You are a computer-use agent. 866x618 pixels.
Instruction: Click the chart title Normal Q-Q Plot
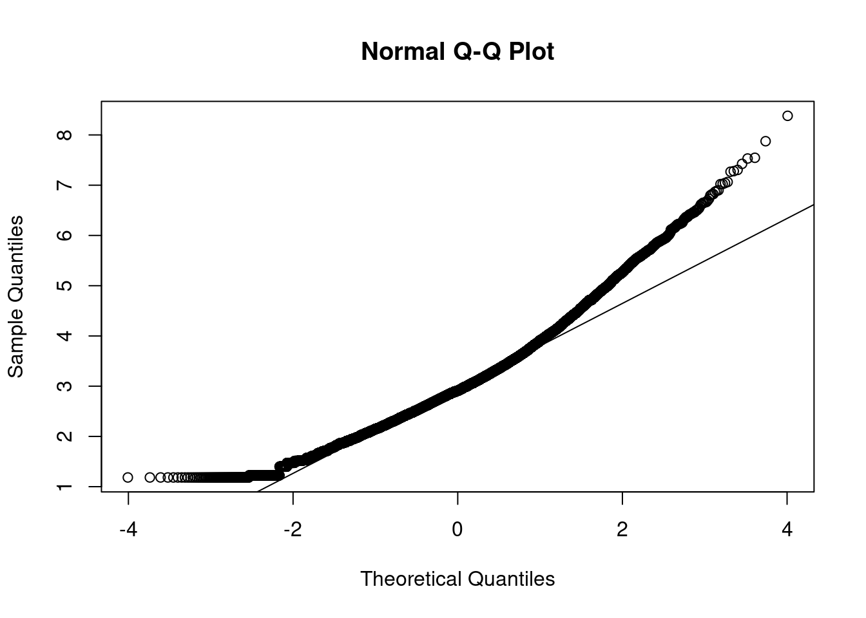pos(457,51)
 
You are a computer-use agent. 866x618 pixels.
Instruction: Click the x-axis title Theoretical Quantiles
pos(457,579)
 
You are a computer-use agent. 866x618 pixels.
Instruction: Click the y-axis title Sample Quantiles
pos(15,296)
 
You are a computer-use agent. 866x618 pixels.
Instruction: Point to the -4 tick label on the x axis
pos(128,530)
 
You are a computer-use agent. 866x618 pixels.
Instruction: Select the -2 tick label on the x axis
pos(293,530)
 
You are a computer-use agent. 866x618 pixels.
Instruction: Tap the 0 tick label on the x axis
pos(457,530)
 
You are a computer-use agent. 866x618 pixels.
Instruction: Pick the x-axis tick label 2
pos(622,530)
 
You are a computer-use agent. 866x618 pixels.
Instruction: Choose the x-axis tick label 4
pos(787,530)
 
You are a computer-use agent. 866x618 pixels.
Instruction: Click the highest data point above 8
pos(787,116)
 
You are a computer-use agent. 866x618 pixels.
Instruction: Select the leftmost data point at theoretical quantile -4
pos(128,477)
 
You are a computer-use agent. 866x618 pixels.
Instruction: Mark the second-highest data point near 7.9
pos(765,141)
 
